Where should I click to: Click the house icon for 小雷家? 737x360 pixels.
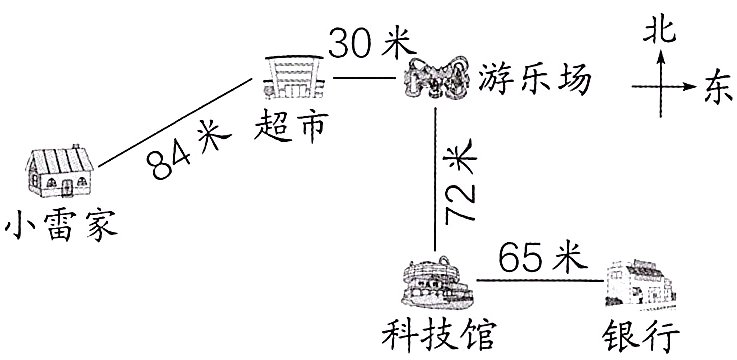click(x=59, y=171)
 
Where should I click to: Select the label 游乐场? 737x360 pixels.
click(x=535, y=77)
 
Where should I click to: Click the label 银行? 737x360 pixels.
click(x=640, y=333)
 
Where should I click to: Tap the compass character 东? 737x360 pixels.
click(x=716, y=88)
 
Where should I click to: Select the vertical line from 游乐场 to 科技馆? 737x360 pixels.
click(x=436, y=180)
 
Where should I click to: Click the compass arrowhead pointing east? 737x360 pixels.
click(x=691, y=88)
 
